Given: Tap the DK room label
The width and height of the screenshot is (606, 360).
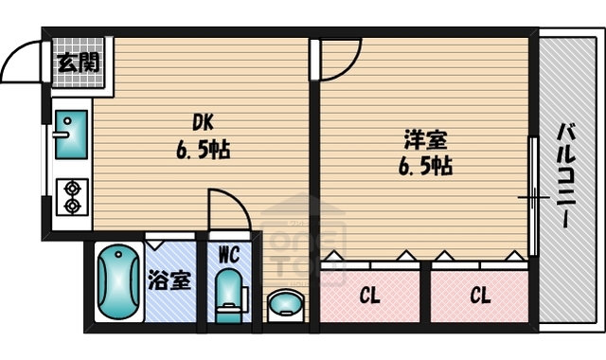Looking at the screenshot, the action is tap(202, 123).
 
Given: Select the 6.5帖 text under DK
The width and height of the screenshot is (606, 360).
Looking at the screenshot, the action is tap(202, 150).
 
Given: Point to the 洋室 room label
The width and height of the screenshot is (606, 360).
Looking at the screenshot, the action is tap(426, 140).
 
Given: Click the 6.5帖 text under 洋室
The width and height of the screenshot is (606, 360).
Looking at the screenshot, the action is tap(426, 167).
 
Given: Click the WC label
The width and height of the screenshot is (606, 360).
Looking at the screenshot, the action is tap(228, 254).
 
